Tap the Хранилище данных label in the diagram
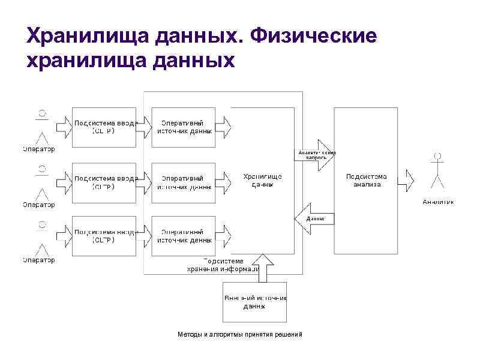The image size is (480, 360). point(262,181)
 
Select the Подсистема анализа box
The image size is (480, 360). point(366,181)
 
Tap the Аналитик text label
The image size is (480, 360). point(438,202)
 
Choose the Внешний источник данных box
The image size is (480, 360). point(254,302)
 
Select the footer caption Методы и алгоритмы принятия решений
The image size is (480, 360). point(240,334)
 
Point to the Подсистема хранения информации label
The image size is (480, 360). point(223,265)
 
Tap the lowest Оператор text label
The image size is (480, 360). point(39,260)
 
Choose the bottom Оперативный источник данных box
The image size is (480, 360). point(184,236)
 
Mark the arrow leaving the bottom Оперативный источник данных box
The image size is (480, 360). point(223,236)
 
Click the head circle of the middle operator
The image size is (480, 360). point(42,169)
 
